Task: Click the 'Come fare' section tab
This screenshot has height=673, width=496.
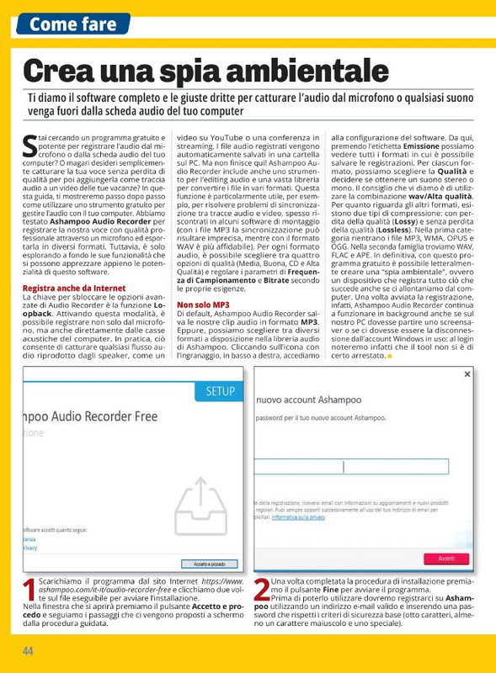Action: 72,24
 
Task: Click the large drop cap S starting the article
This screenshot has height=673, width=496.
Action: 30,146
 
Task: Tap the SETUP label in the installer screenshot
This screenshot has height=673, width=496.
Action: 221,391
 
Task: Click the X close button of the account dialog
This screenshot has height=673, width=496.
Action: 467,374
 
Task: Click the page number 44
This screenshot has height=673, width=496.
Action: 28,651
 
